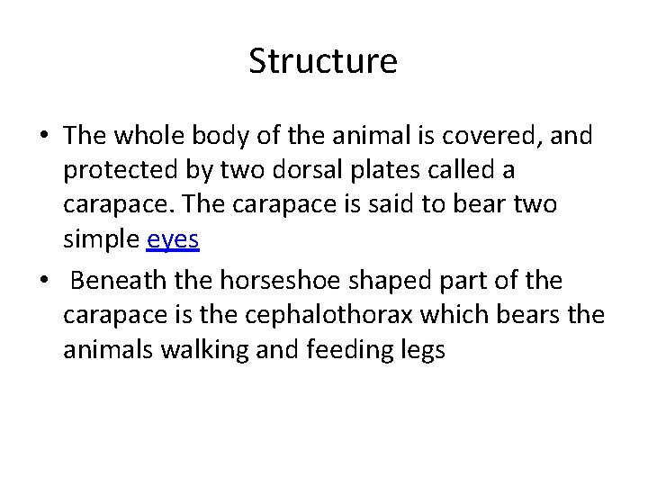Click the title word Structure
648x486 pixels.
[323, 62]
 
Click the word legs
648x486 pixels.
[423, 350]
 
